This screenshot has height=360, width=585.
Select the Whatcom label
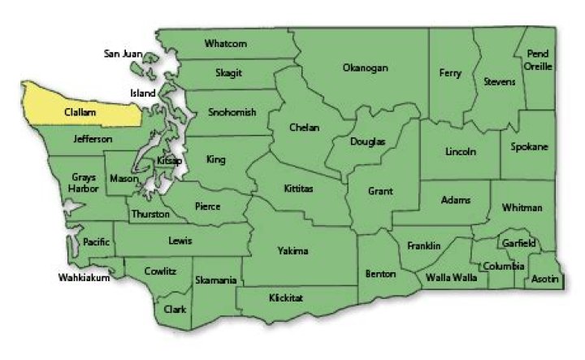tap(226, 43)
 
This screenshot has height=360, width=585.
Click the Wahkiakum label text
tap(84, 277)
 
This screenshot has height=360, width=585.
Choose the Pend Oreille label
tap(538, 60)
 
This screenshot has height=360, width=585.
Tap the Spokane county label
tap(529, 147)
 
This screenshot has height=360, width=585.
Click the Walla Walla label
tap(452, 277)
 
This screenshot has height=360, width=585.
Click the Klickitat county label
tap(285, 298)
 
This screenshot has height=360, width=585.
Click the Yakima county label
tap(292, 250)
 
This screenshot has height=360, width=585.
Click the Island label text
tap(142, 93)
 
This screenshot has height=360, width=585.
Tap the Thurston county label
tap(150, 215)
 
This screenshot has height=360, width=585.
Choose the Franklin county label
tap(423, 245)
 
